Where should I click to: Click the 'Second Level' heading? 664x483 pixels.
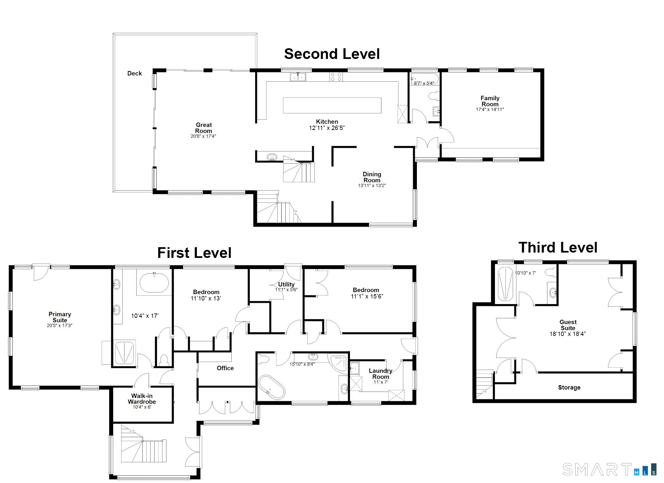click(x=332, y=54)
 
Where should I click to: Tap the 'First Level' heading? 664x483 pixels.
click(x=194, y=253)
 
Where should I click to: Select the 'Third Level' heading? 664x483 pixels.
click(x=558, y=248)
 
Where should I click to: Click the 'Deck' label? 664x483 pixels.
click(x=134, y=73)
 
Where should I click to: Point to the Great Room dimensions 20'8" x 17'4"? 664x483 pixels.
click(x=203, y=136)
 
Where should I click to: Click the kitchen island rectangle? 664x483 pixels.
click(x=332, y=106)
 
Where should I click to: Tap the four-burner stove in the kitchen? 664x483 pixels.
click(x=336, y=77)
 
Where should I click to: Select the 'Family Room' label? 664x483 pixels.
click(x=490, y=101)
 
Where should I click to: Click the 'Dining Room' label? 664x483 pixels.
click(x=372, y=177)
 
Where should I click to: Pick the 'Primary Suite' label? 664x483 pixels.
click(x=60, y=317)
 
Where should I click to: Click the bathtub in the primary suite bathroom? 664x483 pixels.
click(x=154, y=283)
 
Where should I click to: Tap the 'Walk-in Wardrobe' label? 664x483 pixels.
click(x=142, y=399)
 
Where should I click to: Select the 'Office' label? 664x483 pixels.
click(x=225, y=368)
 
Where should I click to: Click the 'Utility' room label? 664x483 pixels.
click(x=286, y=284)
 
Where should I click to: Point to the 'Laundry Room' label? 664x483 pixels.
click(x=380, y=373)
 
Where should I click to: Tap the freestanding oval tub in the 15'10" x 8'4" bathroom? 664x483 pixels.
click(x=272, y=387)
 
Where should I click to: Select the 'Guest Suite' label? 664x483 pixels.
click(x=568, y=325)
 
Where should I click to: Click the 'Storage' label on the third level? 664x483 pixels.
click(x=569, y=388)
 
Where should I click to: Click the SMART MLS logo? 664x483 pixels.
click(x=609, y=469)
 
